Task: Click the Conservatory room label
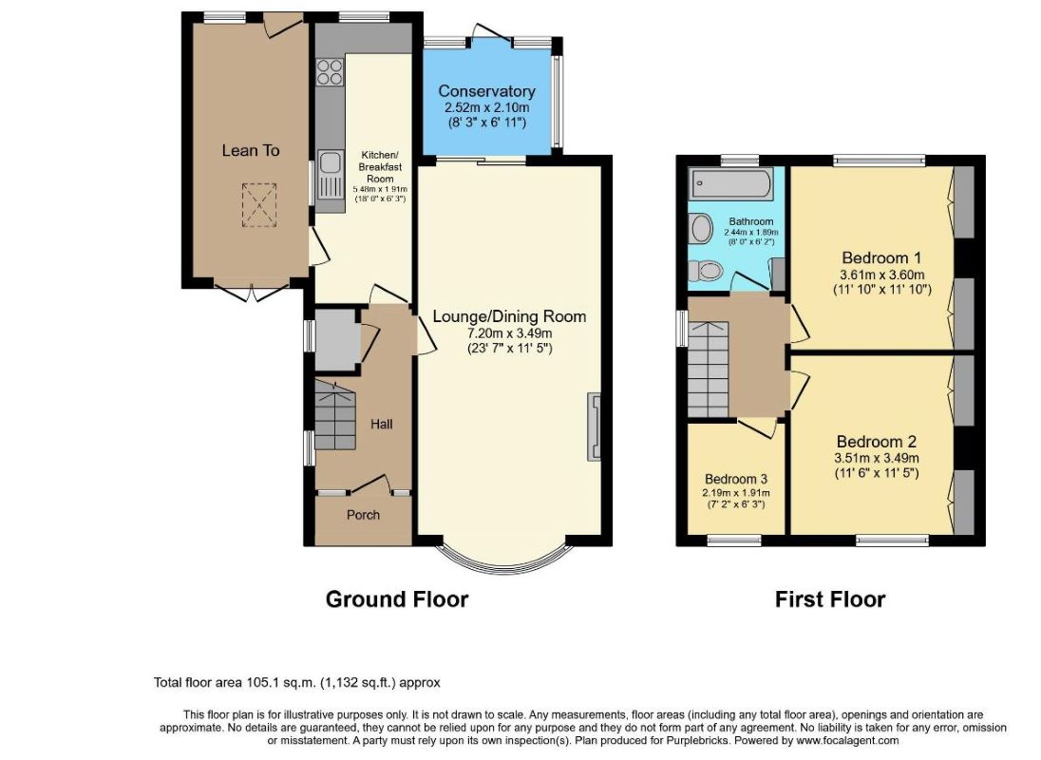(486, 91)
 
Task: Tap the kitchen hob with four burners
(330, 73)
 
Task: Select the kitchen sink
(330, 174)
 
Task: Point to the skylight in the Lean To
(258, 205)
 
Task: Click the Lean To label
(251, 151)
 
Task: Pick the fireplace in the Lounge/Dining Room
(594, 427)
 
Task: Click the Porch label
(363, 514)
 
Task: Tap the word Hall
(382, 424)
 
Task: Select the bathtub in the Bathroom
(730, 183)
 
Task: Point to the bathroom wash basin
(701, 229)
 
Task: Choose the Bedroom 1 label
(881, 257)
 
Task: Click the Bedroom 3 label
(736, 479)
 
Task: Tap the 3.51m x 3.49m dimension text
(877, 458)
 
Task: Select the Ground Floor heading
(397, 599)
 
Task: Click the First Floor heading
(830, 599)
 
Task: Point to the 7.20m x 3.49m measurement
(509, 332)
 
